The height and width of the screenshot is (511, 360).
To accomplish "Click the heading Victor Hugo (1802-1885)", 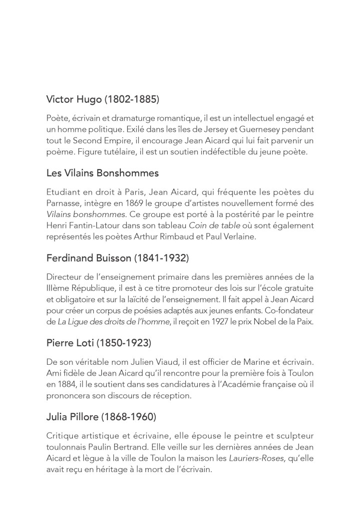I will (102, 99).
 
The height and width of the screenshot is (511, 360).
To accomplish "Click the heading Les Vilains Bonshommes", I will (102, 173).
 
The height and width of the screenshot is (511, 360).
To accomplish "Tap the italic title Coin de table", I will (212, 226).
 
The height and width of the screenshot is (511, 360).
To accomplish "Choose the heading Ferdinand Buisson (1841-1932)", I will (117, 258).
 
